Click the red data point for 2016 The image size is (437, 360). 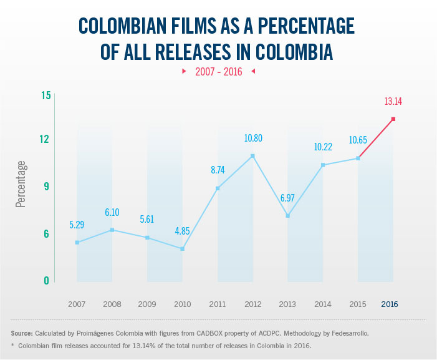(x=393, y=119)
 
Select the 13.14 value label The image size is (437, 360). (x=393, y=101)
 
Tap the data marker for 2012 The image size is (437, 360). (x=252, y=155)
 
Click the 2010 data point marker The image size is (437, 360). (x=182, y=249)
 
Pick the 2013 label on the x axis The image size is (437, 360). (x=288, y=304)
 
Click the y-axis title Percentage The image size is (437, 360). (x=21, y=184)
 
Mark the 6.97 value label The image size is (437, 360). (x=287, y=198)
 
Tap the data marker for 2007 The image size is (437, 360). (x=77, y=242)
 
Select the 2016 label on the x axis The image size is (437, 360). (x=389, y=304)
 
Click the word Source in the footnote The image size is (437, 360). (x=22, y=334)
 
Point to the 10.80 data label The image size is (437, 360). (x=252, y=137)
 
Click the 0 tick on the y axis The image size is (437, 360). (x=47, y=281)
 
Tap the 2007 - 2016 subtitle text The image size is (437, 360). (x=218, y=71)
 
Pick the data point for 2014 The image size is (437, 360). (x=323, y=165)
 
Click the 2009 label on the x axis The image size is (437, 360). (x=147, y=304)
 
